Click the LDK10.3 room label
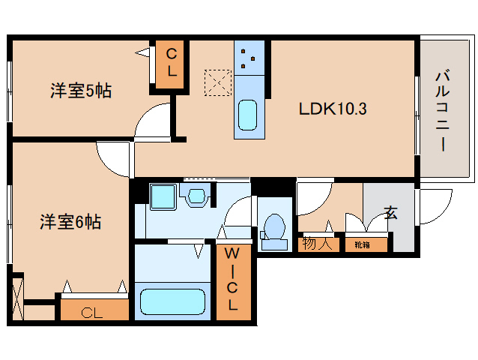pos(333,108)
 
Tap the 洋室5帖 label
pos(81,91)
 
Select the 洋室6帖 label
pos(70,222)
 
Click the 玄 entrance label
pos(391,212)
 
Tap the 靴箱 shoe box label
pos(362,244)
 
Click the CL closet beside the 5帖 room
pos(172,63)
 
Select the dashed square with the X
pos(219,82)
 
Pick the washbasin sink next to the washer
pos(196,196)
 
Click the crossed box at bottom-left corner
pos(17,299)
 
